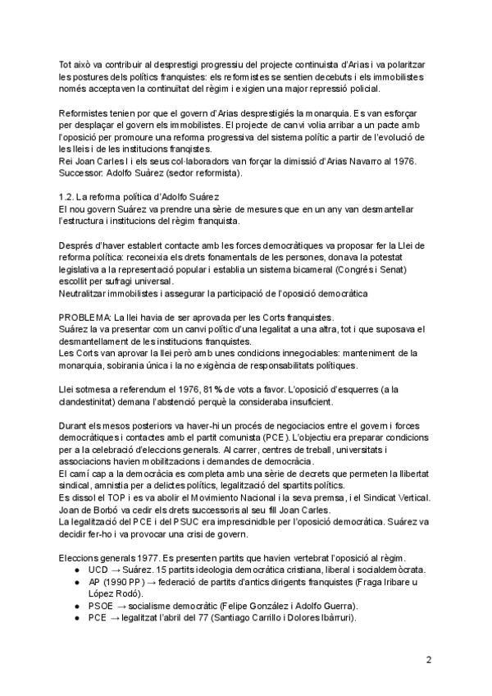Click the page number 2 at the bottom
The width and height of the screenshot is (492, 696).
coord(429,659)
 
